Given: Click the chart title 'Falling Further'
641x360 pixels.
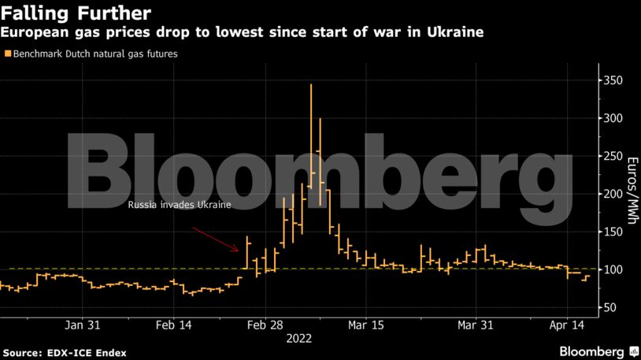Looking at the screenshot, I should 76,13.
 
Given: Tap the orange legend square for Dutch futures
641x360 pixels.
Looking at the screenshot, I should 7,54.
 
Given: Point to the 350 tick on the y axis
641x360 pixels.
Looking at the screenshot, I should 612,80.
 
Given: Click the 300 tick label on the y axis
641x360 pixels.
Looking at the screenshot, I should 612,118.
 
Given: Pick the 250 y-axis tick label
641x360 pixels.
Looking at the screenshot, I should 612,156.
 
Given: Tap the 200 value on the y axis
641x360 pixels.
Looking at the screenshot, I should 612,194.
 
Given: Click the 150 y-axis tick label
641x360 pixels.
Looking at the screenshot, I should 612,232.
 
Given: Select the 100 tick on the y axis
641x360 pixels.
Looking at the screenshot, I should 612,269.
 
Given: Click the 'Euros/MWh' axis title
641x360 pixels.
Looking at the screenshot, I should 630,194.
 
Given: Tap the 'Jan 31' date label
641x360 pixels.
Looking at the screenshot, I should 82,325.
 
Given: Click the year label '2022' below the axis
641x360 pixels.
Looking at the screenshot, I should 298,339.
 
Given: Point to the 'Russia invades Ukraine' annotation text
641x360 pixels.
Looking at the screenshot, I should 180,205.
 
